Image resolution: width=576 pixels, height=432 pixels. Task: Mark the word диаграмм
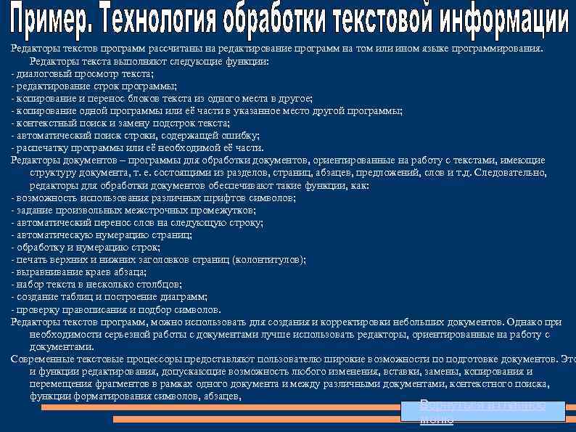click(186, 296)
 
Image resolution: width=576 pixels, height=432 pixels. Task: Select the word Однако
click(524, 321)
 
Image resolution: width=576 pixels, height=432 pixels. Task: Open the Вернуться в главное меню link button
click(483, 412)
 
